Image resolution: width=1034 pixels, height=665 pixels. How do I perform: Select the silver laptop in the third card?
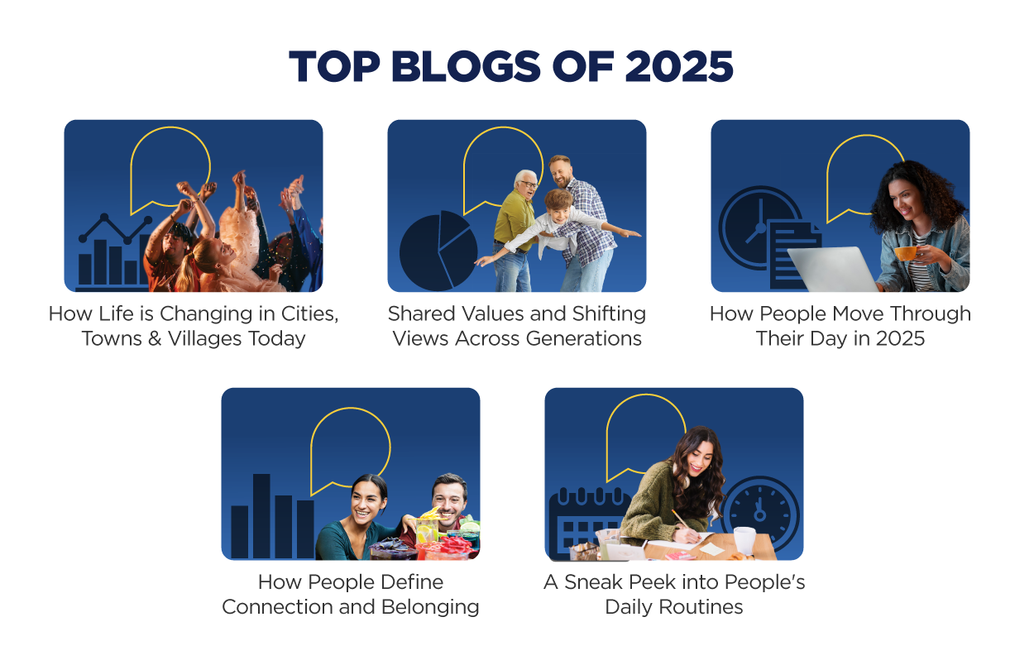click(x=831, y=269)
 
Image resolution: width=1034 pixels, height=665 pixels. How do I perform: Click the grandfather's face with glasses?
click(x=525, y=187)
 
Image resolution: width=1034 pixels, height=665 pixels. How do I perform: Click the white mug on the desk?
click(x=744, y=541)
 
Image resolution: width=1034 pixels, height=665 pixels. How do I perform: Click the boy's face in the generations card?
click(x=559, y=203)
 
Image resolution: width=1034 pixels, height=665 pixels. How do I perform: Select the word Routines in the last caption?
click(x=706, y=606)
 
